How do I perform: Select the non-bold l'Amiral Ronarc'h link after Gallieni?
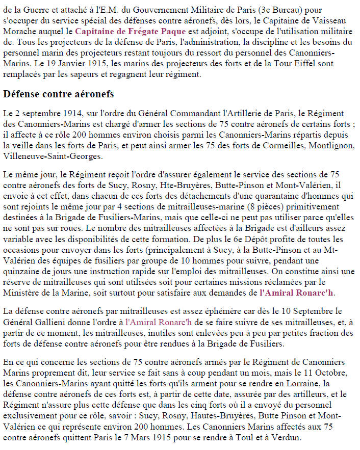coord(159,321)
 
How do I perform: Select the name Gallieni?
coord(53,321)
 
